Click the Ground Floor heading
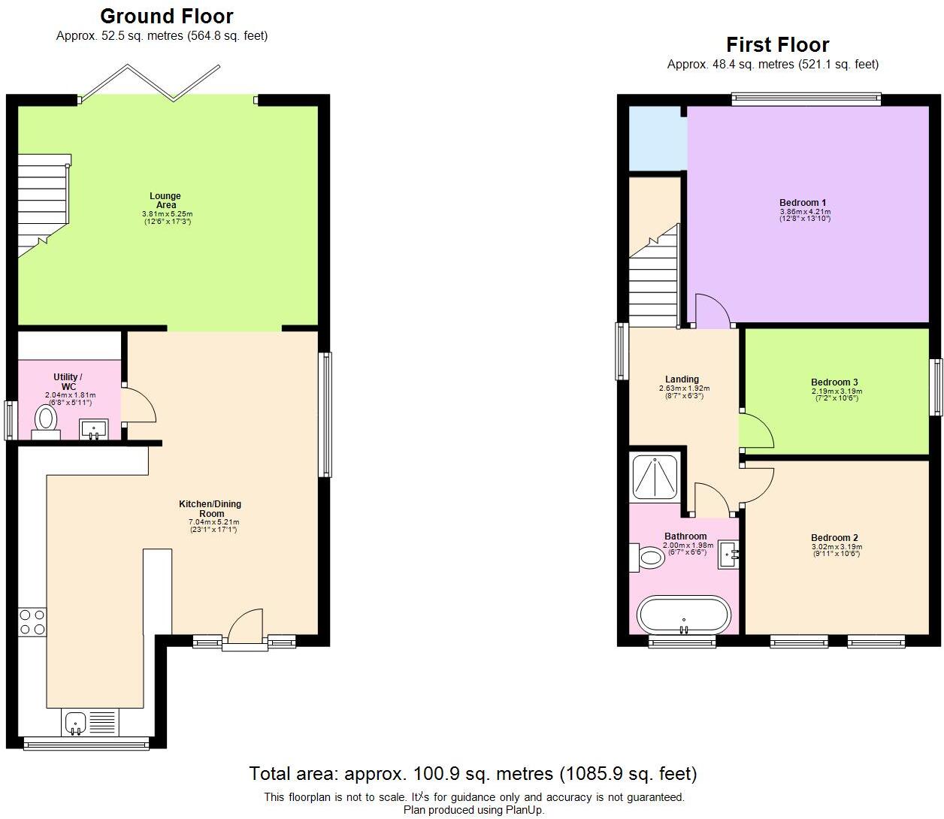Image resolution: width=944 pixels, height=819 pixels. [x=167, y=17]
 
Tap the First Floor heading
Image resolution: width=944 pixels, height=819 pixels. [x=777, y=45]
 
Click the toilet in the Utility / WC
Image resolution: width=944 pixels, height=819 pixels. [x=46, y=422]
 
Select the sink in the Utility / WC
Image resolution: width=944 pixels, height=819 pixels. [x=94, y=429]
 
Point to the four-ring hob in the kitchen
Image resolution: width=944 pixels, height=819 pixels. [x=32, y=622]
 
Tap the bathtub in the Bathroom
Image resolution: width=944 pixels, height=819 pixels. [x=684, y=615]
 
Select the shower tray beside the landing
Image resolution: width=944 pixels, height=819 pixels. [x=655, y=478]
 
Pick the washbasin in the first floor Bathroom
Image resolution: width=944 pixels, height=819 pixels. [x=728, y=554]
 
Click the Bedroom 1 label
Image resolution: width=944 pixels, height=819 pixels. [x=803, y=202]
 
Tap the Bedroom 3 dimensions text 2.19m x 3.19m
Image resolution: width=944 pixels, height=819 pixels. [x=837, y=391]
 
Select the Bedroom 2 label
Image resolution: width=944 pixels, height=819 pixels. [x=835, y=538]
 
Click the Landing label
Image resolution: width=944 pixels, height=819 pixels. [x=682, y=379]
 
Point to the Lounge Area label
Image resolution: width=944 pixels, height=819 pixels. [x=165, y=200]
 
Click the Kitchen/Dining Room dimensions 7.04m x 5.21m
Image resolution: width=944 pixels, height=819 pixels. [x=213, y=522]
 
